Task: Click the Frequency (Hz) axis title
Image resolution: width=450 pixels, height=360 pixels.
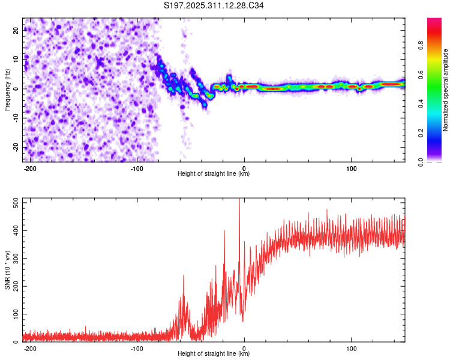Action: [x=7, y=89]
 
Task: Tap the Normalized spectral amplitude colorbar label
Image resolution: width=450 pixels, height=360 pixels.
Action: [x=446, y=90]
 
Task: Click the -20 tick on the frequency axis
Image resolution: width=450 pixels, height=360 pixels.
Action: [x=16, y=147]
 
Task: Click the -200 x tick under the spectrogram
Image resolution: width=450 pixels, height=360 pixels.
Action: [x=30, y=167]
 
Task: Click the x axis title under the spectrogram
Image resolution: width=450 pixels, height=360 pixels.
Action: [x=214, y=174]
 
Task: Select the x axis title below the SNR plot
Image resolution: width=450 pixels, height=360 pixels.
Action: [x=214, y=354]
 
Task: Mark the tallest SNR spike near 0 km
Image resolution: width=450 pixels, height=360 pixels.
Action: [x=239, y=200]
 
